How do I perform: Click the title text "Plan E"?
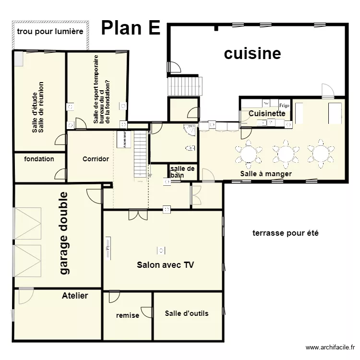click(x=131, y=28)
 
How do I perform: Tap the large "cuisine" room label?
click(x=252, y=53)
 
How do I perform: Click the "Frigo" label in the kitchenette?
click(x=284, y=105)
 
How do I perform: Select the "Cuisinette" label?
click(x=267, y=114)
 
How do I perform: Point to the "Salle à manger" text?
click(x=266, y=174)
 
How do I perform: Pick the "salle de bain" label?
click(x=182, y=172)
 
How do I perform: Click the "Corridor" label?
click(x=96, y=159)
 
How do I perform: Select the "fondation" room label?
click(x=39, y=159)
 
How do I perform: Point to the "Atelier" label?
click(x=75, y=296)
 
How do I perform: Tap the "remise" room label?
click(x=128, y=315)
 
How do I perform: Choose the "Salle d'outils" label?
click(x=187, y=313)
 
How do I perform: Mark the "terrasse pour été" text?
click(x=286, y=233)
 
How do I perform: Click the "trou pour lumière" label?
click(x=50, y=31)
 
